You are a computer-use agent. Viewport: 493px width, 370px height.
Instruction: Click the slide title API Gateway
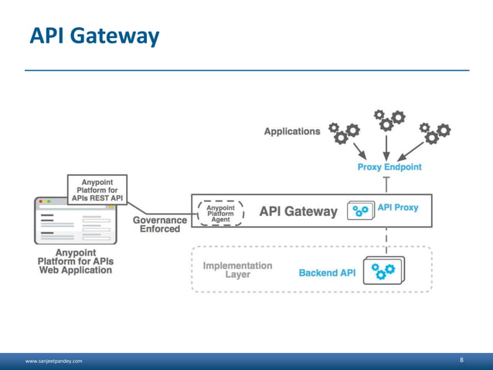94,35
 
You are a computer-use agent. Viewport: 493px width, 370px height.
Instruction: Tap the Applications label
291,132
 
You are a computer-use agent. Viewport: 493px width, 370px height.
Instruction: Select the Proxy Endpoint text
389,167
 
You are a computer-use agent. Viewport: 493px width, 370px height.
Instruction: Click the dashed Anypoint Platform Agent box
221,214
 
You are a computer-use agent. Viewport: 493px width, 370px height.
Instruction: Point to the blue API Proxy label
398,208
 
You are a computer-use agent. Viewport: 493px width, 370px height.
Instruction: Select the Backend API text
327,273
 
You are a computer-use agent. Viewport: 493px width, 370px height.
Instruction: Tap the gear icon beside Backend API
382,271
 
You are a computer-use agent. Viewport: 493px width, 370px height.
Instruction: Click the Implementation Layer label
237,269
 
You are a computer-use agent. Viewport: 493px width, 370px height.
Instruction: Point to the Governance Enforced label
160,225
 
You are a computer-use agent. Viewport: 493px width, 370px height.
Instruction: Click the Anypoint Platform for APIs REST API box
97,189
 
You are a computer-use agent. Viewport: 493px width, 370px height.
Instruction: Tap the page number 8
461,360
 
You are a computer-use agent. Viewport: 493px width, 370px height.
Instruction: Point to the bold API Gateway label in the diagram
298,211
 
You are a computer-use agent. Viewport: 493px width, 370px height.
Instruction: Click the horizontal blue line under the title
246,70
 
